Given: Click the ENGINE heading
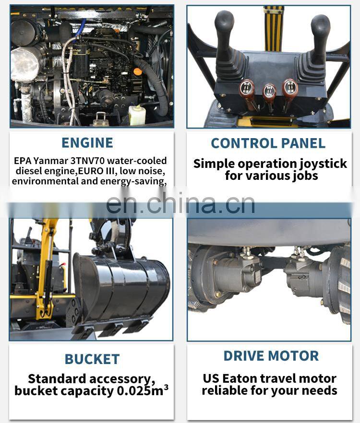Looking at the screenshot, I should pos(87,142).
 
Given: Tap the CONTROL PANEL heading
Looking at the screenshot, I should pos(268,143).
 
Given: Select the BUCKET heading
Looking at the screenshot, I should pos(92,359).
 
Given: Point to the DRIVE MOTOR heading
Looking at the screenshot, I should pos(271,356).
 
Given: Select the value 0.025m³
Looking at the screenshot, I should pos(142,391).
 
